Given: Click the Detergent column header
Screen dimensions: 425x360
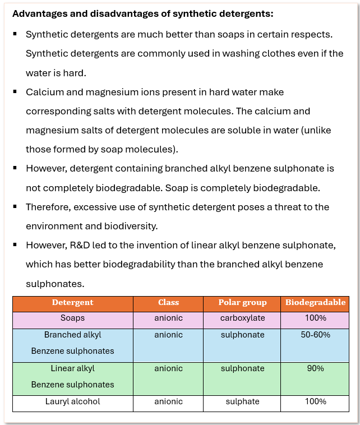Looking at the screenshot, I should point(73,303).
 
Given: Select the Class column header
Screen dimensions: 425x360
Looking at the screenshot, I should point(168,303).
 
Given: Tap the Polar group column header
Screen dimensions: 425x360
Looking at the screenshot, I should point(242,303).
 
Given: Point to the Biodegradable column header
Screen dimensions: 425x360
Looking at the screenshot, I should point(315,303).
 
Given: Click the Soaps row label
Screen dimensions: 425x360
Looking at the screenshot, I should point(73,318).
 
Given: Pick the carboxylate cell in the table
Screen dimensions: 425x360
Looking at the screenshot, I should point(242,318).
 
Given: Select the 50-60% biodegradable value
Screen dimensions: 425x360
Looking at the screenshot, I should point(315,335).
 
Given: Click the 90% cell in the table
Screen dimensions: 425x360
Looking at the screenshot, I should point(315,368).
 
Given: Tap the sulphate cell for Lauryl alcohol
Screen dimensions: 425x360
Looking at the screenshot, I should point(242,401).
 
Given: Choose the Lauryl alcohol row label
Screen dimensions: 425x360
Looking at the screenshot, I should point(73,401).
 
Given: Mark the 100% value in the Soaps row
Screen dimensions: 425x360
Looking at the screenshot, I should point(315,318).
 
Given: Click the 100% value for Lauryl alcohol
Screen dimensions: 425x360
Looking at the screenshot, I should point(315,401).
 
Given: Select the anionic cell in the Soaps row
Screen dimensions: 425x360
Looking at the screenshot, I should point(168,318).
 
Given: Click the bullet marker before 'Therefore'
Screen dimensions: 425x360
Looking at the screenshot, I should point(15,206).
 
